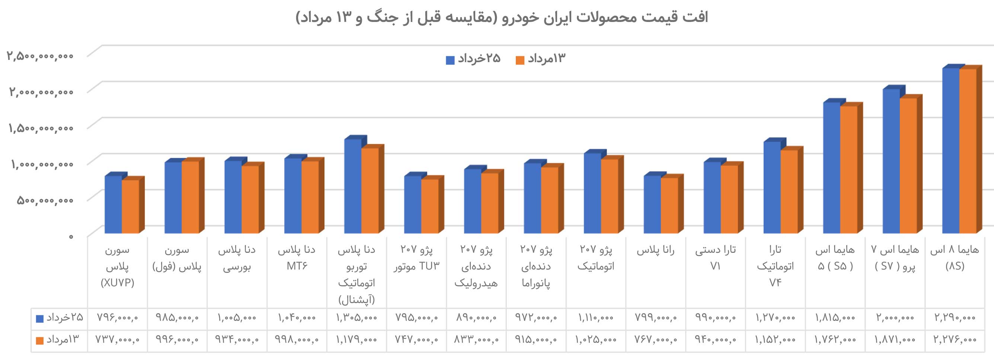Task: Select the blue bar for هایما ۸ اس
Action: coord(950,150)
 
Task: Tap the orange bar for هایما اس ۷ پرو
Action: coord(908,166)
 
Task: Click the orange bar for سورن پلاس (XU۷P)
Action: coord(130,206)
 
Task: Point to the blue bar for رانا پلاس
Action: coord(652,204)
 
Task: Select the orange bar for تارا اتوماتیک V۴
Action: coord(789,191)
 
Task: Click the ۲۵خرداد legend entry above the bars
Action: coord(473,59)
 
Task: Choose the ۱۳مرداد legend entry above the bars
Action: coord(540,59)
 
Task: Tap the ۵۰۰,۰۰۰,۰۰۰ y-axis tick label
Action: coord(45,200)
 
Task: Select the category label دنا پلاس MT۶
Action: coord(296,258)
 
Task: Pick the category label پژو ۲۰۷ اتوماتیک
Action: coord(596,258)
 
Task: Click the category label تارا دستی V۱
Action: coord(715,258)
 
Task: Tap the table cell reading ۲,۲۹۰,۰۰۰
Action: coord(955,318)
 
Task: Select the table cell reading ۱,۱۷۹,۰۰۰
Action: coord(356,340)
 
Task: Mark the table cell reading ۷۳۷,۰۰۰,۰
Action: coord(117,340)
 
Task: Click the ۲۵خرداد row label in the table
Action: coord(60,318)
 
